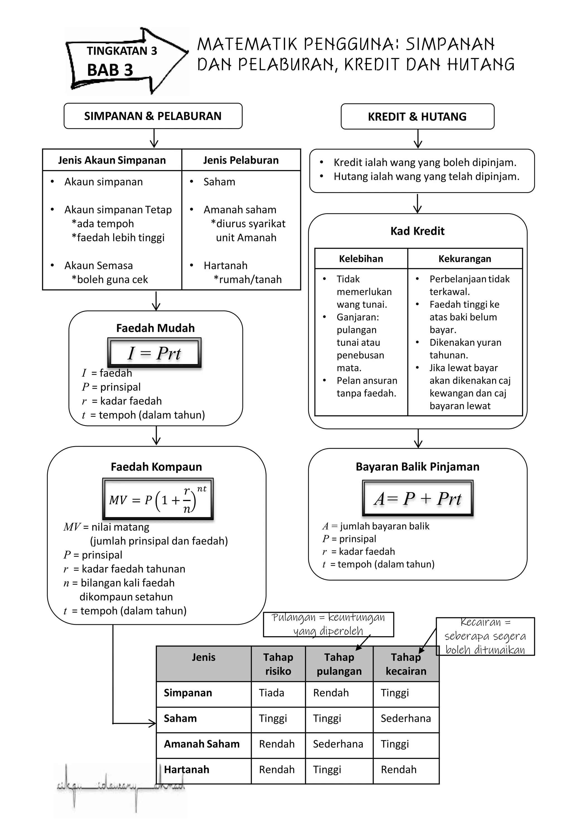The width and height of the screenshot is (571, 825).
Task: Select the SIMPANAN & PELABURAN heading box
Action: click(x=153, y=116)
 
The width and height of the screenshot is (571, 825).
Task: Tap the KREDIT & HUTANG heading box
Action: click(x=417, y=117)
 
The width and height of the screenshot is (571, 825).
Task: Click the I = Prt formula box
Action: click(x=154, y=353)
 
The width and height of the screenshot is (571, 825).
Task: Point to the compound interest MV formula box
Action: click(x=158, y=499)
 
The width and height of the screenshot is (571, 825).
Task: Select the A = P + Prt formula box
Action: click(x=418, y=498)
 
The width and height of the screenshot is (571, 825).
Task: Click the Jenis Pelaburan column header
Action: click(x=241, y=160)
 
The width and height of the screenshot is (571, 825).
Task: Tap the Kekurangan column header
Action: click(x=464, y=259)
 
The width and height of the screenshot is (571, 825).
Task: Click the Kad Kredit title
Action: click(x=417, y=231)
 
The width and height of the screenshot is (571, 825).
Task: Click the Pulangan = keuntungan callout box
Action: click(x=328, y=624)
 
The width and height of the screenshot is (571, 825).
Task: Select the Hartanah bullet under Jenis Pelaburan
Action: click(x=225, y=265)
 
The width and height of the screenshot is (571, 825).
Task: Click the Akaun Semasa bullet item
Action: click(x=98, y=265)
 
